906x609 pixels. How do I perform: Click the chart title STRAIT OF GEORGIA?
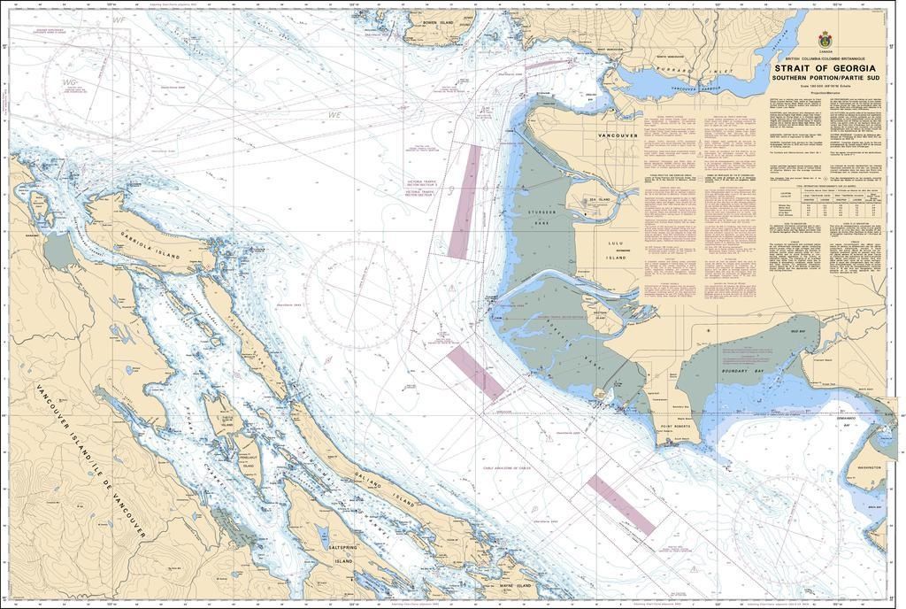pyautogui.click(x=825, y=67)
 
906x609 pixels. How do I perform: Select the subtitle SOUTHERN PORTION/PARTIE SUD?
pyautogui.click(x=825, y=78)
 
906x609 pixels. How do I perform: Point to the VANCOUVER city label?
pyautogui.click(x=618, y=135)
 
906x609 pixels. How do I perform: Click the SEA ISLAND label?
pyautogui.click(x=600, y=200)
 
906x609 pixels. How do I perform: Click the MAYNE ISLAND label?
pyautogui.click(x=514, y=585)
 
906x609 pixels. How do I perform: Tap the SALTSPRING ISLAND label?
pyautogui.click(x=343, y=556)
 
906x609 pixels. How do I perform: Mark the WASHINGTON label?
pyautogui.click(x=871, y=466)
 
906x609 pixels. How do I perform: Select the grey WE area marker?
pyautogui.click(x=334, y=115)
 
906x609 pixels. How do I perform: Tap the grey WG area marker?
pyautogui.click(x=69, y=82)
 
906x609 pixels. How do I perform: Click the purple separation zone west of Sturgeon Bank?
pyautogui.click(x=465, y=202)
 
